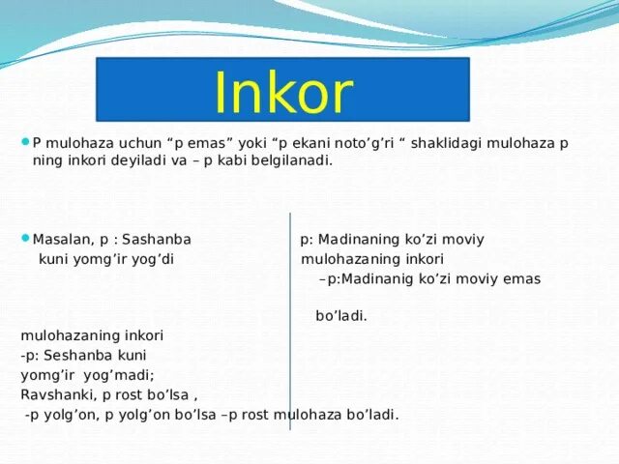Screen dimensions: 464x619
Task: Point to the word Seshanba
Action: [79, 355]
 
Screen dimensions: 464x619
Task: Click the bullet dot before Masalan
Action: [25, 239]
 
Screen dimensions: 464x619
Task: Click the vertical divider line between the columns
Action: [289, 319]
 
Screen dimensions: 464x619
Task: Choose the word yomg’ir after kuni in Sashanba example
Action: [101, 259]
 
